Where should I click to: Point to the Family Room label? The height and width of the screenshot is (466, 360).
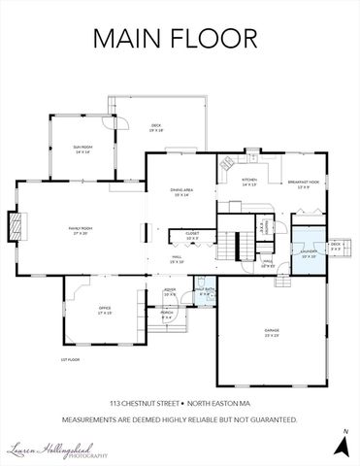79,231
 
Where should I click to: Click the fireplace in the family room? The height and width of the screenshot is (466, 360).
16,227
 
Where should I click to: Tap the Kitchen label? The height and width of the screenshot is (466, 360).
249,182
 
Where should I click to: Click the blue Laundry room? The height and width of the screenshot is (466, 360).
308,254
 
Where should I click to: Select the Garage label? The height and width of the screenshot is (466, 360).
272,332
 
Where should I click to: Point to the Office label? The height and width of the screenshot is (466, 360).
104,310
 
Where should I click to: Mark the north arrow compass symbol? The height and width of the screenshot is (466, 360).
341,445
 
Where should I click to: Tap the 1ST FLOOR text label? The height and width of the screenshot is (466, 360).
68,359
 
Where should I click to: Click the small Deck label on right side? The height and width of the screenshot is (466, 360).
337,246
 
